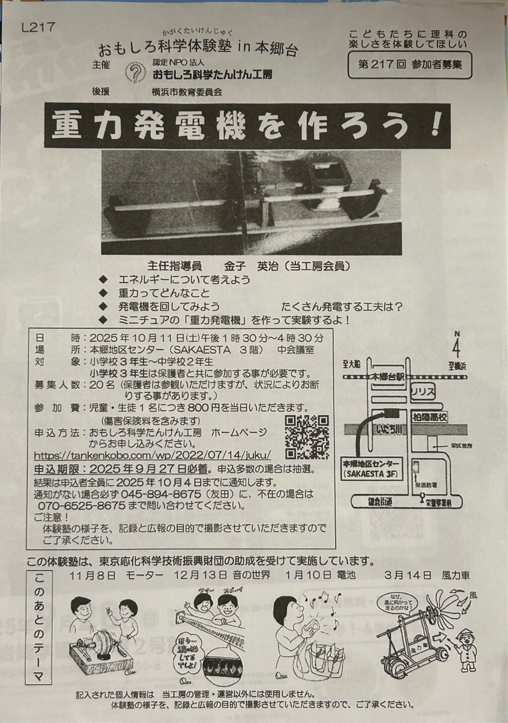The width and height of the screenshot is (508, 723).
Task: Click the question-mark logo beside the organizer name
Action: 135,71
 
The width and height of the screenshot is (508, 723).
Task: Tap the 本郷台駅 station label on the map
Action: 389,377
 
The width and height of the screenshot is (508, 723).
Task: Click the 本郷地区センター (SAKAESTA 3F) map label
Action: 371,469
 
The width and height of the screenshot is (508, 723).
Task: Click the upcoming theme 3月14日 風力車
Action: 428,575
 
